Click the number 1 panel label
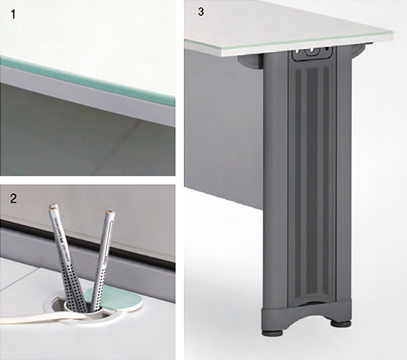[14, 14]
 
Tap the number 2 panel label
[14, 198]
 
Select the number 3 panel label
[200, 12]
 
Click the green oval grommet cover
[115, 298]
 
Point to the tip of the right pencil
[112, 212]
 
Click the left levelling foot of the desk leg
[273, 332]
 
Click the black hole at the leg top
[327, 49]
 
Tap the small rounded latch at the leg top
[312, 52]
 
